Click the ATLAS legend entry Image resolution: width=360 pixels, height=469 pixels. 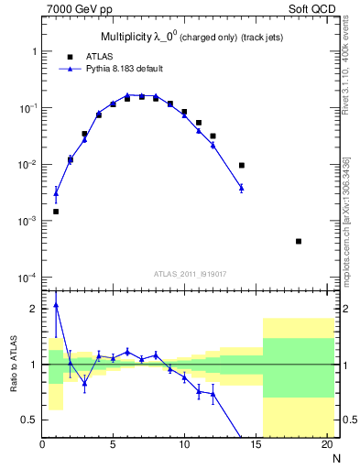coord(98,55)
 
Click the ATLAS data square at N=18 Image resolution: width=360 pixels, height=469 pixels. coord(299,241)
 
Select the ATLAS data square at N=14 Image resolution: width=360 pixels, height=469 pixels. coord(242,166)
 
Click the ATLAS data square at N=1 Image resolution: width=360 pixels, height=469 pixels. coord(57,212)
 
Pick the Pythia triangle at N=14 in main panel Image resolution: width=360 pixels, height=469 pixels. coord(242,188)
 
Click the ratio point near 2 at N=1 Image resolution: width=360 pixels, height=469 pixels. coord(57,306)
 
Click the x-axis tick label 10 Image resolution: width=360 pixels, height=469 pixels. coord(184,446)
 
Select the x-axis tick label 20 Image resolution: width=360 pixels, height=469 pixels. coord(326,446)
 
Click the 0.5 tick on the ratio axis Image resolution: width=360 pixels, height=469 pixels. coord(29,420)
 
